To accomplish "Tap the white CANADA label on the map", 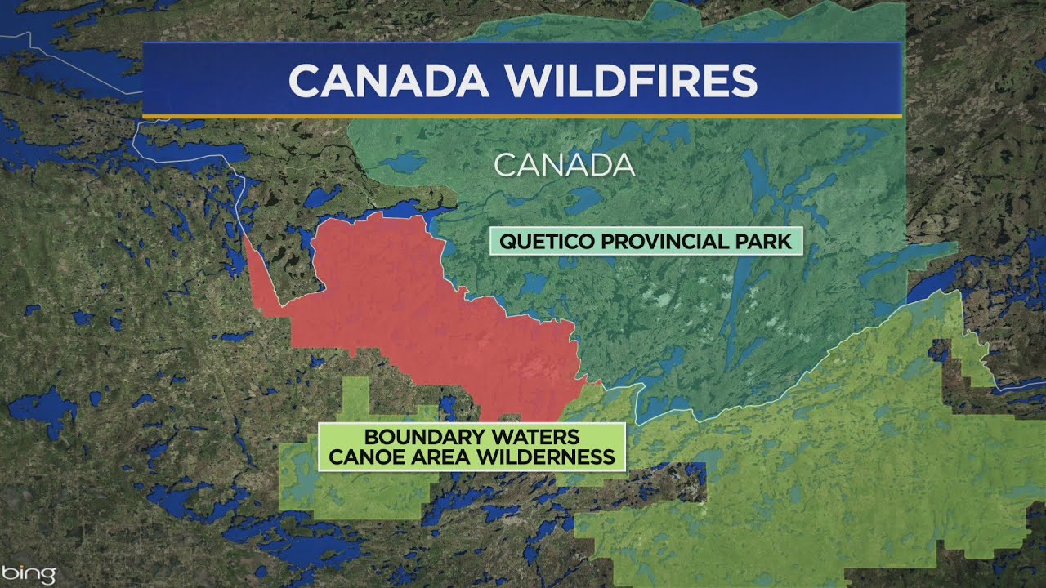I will point(565,165).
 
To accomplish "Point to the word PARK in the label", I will point(767,242).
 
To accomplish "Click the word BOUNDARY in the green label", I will point(416,437).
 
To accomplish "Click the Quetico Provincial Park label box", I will point(646,242).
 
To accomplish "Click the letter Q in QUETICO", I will point(507,242).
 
